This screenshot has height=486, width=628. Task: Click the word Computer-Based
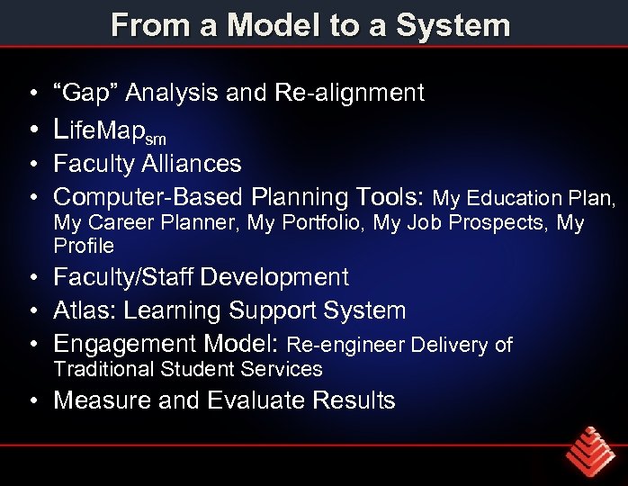tap(148, 196)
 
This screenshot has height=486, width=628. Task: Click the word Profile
tap(84, 246)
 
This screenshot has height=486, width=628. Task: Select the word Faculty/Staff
tap(123, 277)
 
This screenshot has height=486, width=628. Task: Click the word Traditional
tap(103, 369)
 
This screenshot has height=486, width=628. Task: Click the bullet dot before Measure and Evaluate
tap(32, 401)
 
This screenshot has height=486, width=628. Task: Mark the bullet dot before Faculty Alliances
tap(32, 165)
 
